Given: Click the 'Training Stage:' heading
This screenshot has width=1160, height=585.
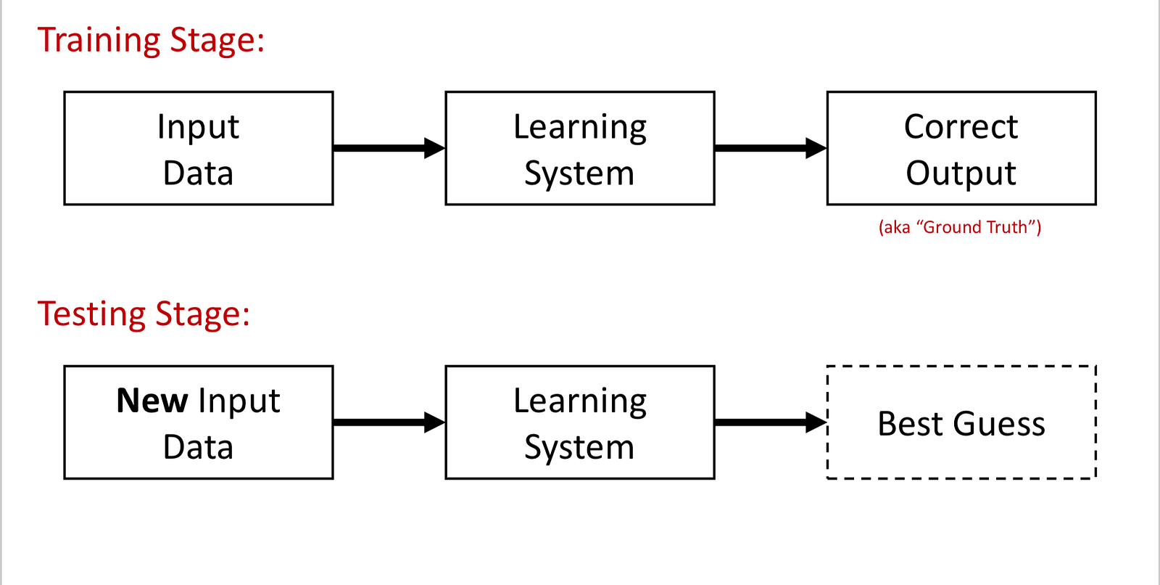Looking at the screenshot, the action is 151,41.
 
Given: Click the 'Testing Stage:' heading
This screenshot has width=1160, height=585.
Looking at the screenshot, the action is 144,315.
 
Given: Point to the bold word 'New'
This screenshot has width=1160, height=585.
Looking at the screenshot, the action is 152,401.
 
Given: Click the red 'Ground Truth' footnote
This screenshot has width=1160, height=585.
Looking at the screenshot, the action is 960,227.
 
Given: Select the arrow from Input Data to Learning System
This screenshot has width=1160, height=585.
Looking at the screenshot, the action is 389,148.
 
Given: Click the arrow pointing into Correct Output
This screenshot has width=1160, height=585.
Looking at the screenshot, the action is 771,148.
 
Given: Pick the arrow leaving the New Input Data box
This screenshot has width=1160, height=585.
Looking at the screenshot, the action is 389,422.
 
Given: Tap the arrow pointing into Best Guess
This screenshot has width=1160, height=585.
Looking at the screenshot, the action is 771,422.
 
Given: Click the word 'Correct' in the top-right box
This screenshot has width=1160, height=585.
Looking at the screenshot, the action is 961,126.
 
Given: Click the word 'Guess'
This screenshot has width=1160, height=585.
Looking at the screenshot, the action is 999,424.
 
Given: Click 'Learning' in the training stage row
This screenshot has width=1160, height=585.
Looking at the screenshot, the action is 580,128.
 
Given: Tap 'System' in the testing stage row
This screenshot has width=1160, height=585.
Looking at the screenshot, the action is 579,448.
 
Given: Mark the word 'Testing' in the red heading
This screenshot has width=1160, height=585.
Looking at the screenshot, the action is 91,315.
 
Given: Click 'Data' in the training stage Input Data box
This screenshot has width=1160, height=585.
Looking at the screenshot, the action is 199,173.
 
